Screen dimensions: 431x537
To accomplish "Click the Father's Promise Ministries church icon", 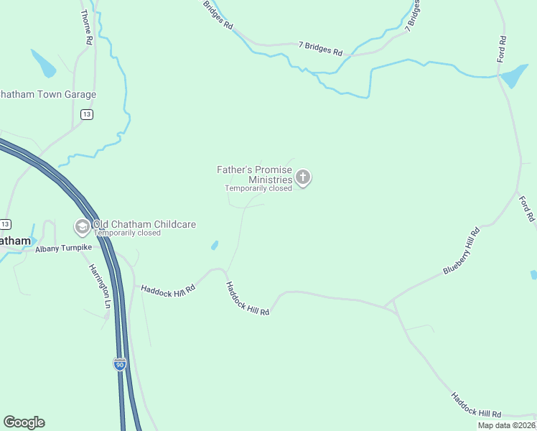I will coord(303,177).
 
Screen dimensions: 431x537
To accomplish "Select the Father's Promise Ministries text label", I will coord(255,175).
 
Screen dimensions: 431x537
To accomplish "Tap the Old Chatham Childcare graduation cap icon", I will coord(82,227).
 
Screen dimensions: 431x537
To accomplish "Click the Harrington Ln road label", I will coord(100,286).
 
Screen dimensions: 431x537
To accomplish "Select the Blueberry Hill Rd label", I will coord(461,251).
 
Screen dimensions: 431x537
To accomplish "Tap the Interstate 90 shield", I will coord(119,364).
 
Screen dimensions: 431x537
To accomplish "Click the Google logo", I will coord(24,422).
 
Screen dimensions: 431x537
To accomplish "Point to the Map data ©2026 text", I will coord(506,425).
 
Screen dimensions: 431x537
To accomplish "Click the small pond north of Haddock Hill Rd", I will coord(215,245).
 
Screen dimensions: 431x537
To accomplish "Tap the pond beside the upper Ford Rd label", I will coord(514,76).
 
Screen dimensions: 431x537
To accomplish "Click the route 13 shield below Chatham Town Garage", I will coord(86,114).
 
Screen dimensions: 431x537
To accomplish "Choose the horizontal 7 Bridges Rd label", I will coord(320,49).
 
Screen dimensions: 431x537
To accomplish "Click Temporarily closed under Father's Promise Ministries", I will coord(258,188).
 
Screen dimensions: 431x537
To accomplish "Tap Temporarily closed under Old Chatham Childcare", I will coord(128,233).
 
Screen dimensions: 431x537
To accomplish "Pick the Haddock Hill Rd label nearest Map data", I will coord(475,406).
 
